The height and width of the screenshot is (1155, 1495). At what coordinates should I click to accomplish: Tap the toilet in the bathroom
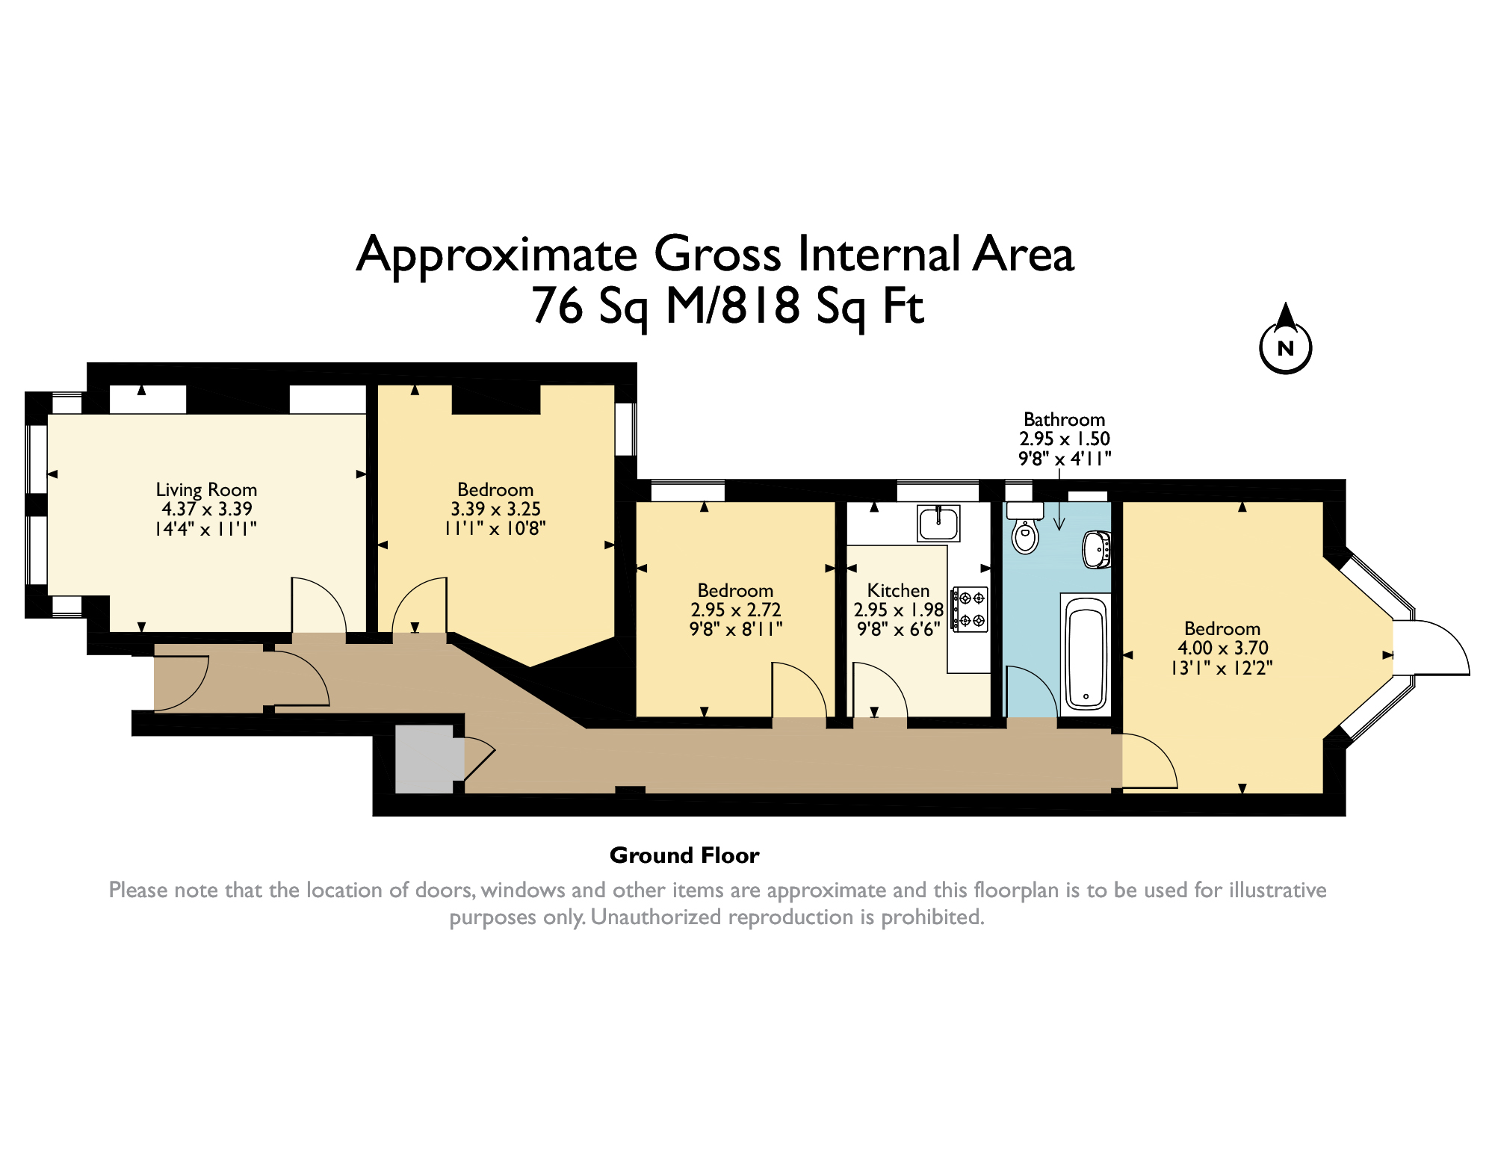tap(1025, 527)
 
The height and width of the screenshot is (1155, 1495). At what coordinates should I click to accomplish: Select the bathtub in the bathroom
tap(1086, 652)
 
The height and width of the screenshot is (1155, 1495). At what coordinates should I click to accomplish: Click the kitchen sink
tap(938, 523)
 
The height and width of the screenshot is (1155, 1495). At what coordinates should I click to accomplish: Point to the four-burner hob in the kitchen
tap(970, 609)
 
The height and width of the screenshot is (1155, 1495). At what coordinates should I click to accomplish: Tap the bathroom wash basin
tap(1097, 550)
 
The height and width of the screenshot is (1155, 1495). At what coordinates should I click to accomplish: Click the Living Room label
tap(206, 490)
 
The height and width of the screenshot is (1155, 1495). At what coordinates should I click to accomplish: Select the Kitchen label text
tap(898, 590)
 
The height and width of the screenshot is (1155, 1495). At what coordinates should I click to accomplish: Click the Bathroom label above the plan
tap(1064, 419)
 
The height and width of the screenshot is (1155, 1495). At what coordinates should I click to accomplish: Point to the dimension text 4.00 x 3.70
tap(1223, 648)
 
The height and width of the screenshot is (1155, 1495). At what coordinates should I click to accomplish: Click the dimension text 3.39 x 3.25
tap(495, 509)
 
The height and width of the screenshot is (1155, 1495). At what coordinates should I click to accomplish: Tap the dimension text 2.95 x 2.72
tap(736, 610)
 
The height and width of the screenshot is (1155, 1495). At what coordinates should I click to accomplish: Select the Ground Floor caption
tap(684, 855)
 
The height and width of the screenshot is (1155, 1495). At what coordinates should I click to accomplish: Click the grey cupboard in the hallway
tap(424, 758)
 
